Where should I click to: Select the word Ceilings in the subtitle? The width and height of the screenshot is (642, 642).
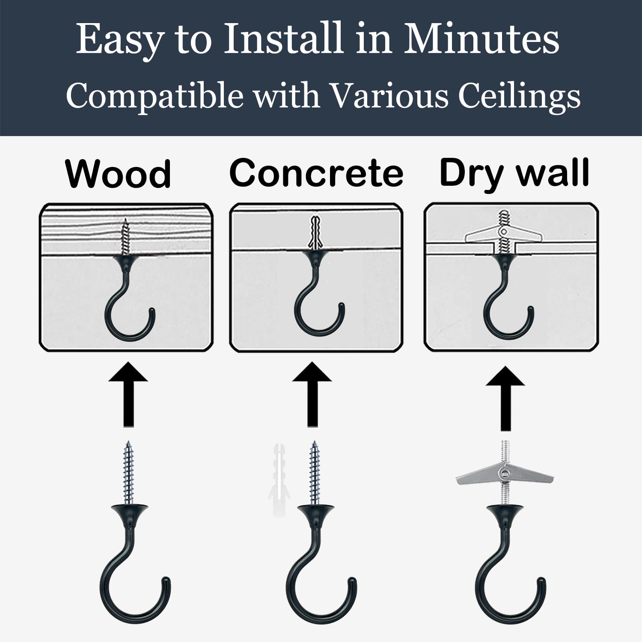pos(519,96)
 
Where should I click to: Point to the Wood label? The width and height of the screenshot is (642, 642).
pos(118,174)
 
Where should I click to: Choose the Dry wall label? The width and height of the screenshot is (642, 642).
pos(514,173)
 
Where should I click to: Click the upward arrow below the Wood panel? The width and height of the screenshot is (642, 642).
pos(128,394)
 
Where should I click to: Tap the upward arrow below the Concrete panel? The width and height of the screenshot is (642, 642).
pos(312,394)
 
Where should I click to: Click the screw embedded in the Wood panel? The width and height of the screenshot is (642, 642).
pos(125,236)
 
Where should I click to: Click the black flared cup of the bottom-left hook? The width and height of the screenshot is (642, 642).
pos(129,511)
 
